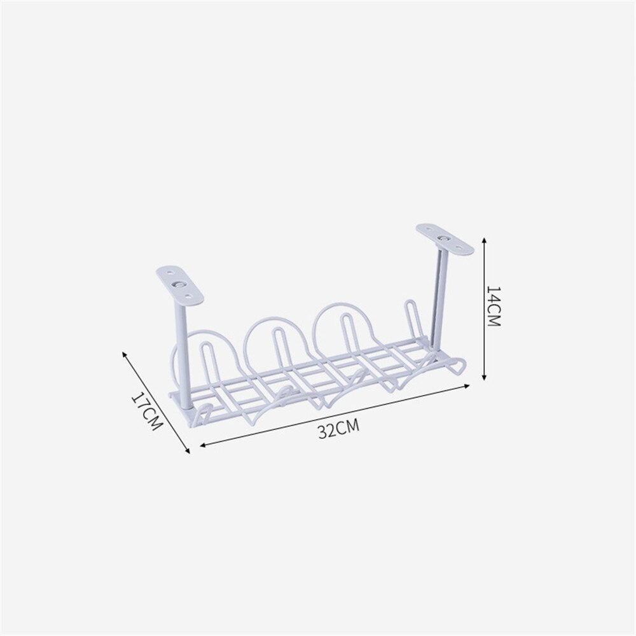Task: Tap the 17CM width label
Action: pyautogui.click(x=146, y=411)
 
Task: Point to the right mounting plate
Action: pyautogui.click(x=445, y=238)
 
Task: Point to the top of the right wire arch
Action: pyautogui.click(x=343, y=303)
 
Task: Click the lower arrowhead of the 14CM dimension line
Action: pyautogui.click(x=485, y=379)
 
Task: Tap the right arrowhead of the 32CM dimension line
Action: pyautogui.click(x=468, y=385)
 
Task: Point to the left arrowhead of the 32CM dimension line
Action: pyautogui.click(x=202, y=445)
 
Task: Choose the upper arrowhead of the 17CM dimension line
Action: pyautogui.click(x=125, y=352)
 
